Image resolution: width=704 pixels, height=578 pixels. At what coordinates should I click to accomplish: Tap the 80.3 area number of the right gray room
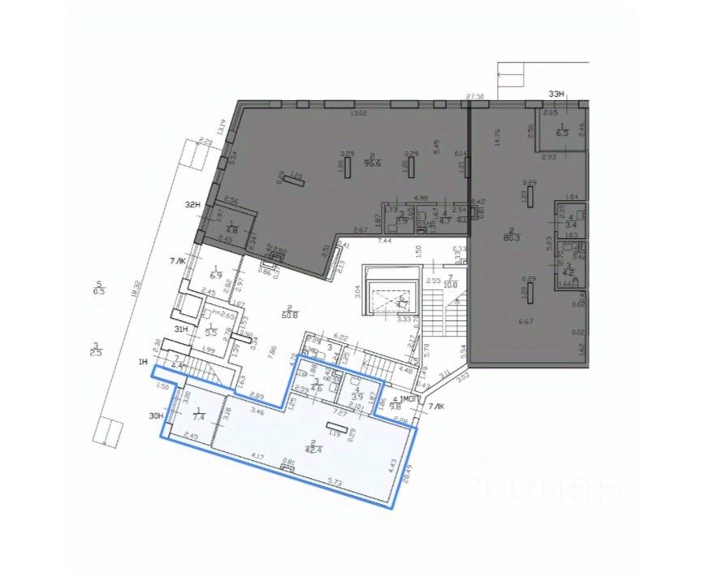(512, 238)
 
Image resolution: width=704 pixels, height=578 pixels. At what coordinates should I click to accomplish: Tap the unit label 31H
(182, 328)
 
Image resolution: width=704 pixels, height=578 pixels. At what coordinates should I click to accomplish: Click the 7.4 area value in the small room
(198, 416)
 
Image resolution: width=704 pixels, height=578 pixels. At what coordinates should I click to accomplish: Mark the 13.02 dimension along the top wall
(358, 113)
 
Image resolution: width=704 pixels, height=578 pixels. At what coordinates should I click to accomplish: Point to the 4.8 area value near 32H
(231, 231)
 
